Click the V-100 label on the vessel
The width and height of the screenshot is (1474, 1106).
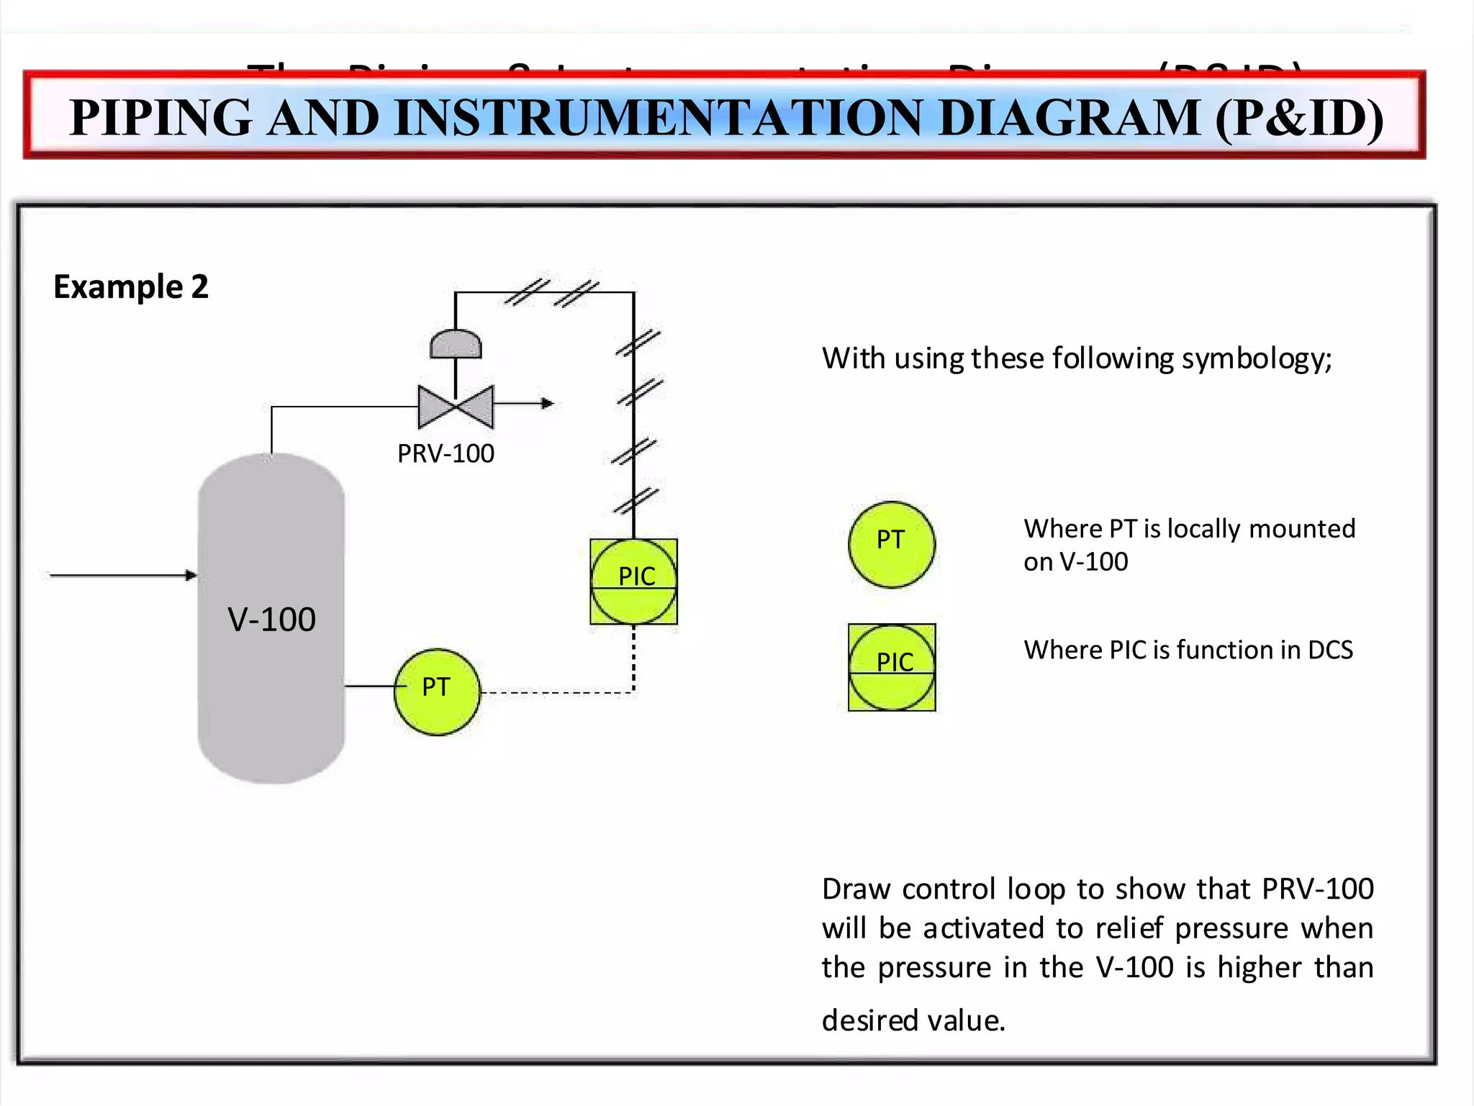[x=271, y=620]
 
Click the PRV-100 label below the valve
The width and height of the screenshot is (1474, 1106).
[x=446, y=453]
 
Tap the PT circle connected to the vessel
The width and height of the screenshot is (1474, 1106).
[x=437, y=692]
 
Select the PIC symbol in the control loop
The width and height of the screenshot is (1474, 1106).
[x=634, y=581]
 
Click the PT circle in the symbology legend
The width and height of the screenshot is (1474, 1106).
[x=892, y=544]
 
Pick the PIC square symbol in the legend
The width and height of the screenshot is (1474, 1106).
[x=892, y=667]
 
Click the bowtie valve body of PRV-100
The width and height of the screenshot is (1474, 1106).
[x=456, y=407]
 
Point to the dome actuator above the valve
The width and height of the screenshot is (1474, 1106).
[x=456, y=345]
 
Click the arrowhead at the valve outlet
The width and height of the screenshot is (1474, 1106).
[x=548, y=404]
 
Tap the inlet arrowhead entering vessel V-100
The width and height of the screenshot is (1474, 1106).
[x=191, y=575]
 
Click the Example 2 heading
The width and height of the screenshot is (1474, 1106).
[x=131, y=286]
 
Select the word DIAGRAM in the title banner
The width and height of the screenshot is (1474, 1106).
[x=1069, y=117]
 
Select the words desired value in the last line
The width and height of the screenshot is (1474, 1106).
[x=913, y=1020]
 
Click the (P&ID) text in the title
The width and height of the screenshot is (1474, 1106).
[x=1298, y=117]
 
